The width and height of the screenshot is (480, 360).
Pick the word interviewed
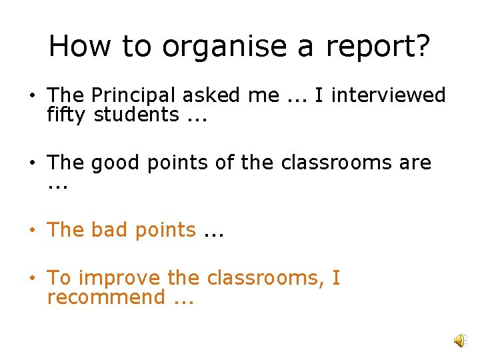coord(388,95)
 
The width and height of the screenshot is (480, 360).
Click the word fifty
coord(66,115)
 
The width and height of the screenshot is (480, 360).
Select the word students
coord(136,115)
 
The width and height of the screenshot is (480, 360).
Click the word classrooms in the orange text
coord(264,277)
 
